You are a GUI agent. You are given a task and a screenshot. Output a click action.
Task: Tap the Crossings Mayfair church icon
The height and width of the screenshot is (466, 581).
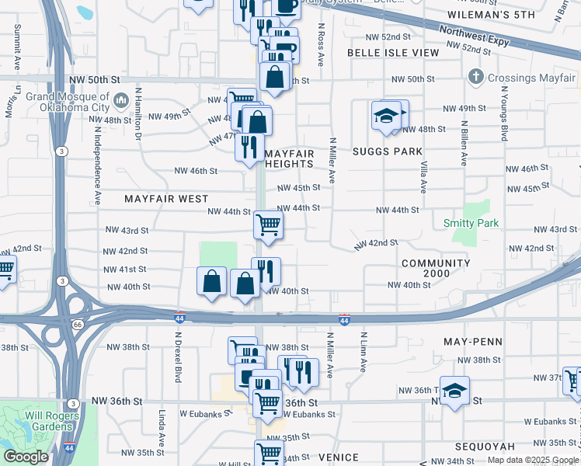tap(476, 78)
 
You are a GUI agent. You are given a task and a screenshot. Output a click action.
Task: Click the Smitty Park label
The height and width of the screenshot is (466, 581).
tap(471, 223)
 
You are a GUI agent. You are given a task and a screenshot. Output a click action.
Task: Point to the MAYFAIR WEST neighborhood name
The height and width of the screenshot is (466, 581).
tap(166, 199)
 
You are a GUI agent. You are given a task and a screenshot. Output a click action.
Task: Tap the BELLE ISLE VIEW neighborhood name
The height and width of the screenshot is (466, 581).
tap(392, 53)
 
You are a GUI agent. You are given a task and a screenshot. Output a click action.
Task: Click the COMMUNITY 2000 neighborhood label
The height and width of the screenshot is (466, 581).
tap(436, 269)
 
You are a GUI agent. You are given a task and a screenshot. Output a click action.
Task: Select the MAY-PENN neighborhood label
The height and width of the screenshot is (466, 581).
tap(472, 342)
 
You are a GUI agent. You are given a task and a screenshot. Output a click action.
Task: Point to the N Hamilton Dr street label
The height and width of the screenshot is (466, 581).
tap(138, 121)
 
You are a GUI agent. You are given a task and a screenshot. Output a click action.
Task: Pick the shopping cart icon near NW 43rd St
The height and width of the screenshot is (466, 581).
tap(268, 225)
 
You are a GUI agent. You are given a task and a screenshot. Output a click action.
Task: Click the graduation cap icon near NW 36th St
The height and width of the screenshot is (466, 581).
tap(455, 391)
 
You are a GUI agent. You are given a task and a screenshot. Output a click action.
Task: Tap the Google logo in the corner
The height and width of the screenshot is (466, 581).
tap(26, 457)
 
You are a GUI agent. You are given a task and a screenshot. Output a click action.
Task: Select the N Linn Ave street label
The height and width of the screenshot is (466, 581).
tap(363, 353)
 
